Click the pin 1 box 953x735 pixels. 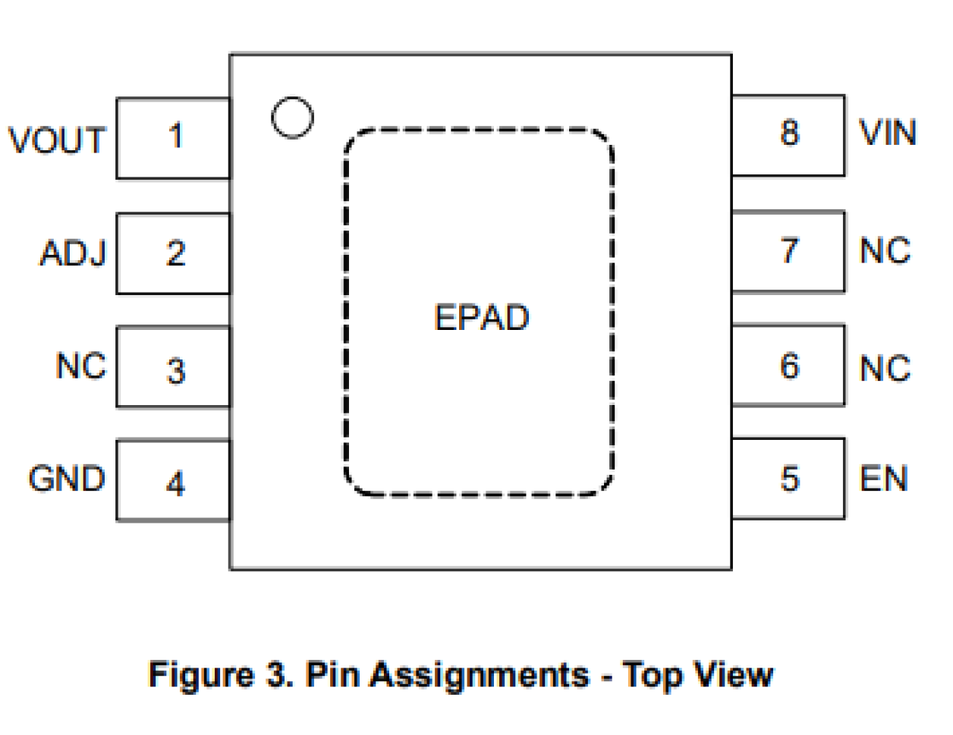click(174, 138)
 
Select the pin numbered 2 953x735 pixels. click(174, 253)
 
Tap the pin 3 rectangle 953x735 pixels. click(174, 368)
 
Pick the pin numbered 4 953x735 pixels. click(174, 481)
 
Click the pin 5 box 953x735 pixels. click(788, 479)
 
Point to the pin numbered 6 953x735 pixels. click(788, 366)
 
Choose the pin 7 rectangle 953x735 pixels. click(788, 251)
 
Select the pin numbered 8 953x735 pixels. click(788, 135)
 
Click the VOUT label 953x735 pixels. click(57, 141)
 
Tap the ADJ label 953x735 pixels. click(74, 253)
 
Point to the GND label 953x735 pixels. click(67, 479)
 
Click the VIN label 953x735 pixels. click(888, 133)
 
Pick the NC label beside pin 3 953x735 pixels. click(81, 366)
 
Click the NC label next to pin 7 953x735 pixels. click(885, 251)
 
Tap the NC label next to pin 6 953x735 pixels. click(885, 369)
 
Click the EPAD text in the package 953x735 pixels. click(481, 318)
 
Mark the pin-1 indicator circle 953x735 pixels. click(292, 118)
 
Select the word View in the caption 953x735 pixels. click(734, 674)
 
